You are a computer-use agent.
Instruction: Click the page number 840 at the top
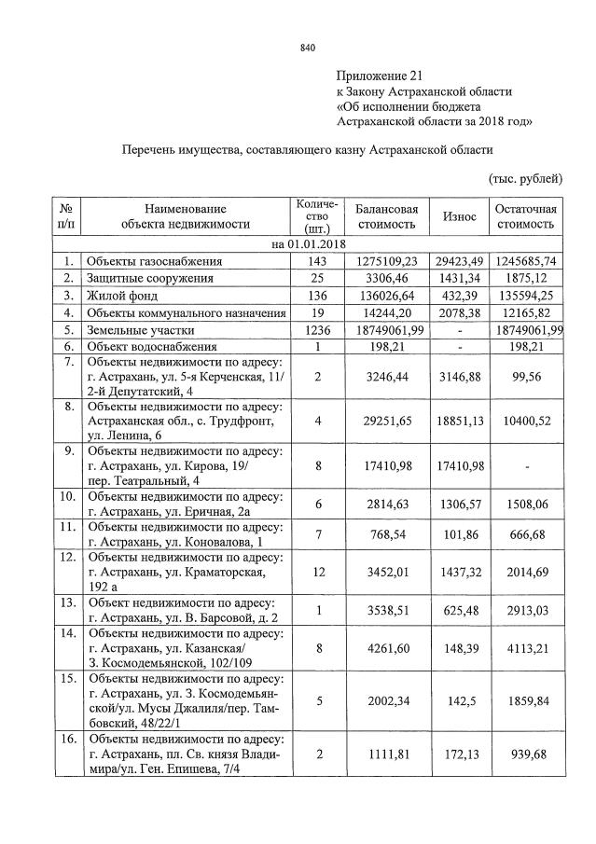point(308,48)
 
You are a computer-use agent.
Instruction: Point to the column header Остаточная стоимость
point(527,216)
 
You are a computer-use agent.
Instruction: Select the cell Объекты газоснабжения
point(155,261)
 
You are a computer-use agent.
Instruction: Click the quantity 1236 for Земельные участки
point(319,329)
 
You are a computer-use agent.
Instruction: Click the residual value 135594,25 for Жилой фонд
point(527,296)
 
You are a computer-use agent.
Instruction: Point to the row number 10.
point(66,496)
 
